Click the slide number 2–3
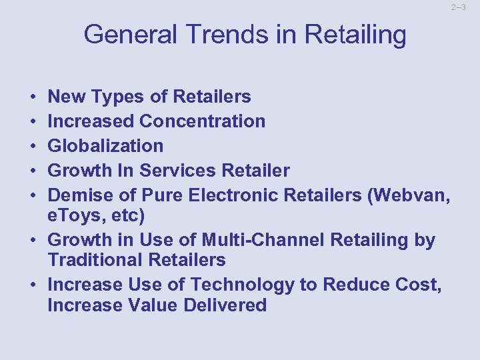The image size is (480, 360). point(458,7)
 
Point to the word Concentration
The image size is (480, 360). point(203,121)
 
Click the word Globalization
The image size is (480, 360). point(106,146)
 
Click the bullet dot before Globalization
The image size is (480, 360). point(34,146)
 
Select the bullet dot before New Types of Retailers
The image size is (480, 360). point(34,97)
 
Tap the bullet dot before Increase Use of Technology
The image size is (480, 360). point(34,285)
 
